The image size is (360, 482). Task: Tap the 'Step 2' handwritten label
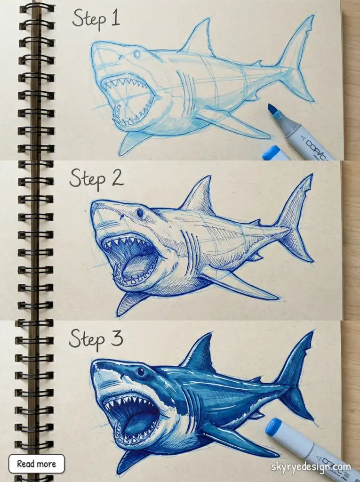click(96, 179)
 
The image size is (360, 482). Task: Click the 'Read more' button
click(36, 464)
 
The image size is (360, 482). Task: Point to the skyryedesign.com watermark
click(311, 467)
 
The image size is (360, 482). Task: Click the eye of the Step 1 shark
click(137, 54)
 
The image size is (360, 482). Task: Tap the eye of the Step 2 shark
click(140, 213)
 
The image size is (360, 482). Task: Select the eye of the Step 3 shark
click(140, 372)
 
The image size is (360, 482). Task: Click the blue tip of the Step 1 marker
click(273, 110)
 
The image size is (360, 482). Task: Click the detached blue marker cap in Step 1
click(275, 153)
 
